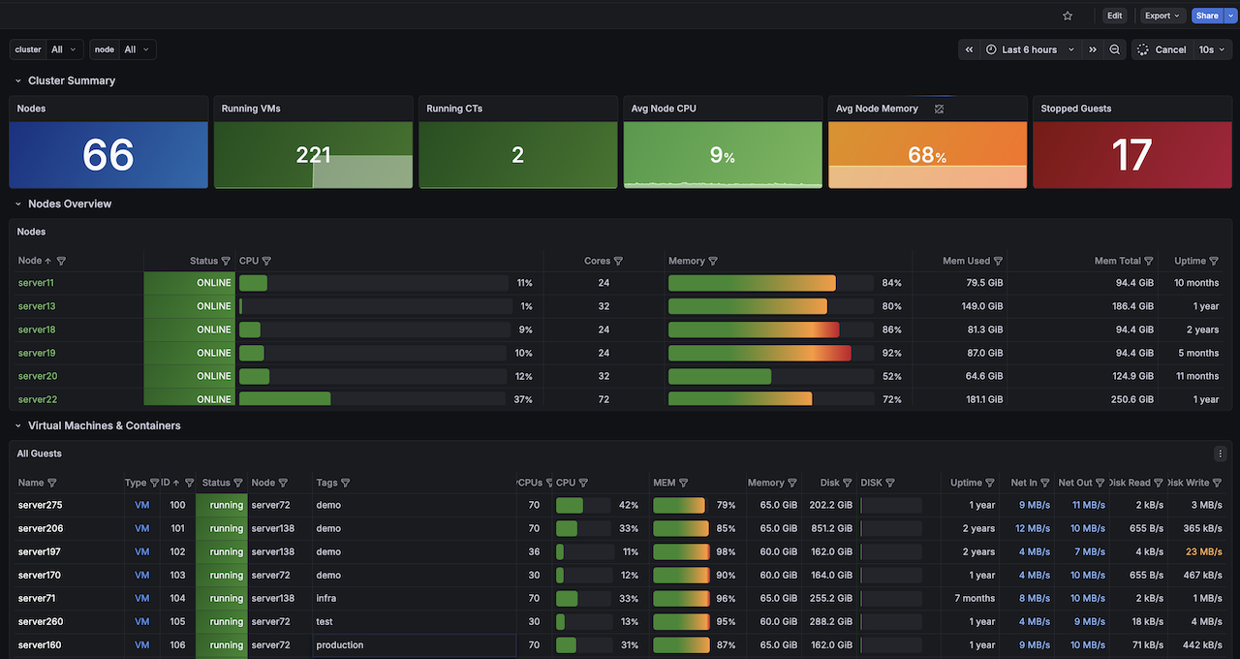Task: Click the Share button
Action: (x=1207, y=16)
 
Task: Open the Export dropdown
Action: (x=1162, y=16)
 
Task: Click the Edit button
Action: (x=1114, y=16)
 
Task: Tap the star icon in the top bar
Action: (x=1068, y=16)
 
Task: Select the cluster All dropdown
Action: (x=64, y=49)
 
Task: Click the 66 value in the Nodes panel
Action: (x=108, y=155)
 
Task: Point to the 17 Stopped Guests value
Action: (x=1131, y=155)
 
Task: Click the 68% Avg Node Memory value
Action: (x=927, y=155)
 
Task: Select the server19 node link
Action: (x=37, y=353)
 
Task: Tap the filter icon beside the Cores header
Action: (x=618, y=261)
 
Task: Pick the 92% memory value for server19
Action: (x=891, y=353)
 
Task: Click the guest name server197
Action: (x=40, y=551)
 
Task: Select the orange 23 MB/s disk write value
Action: (x=1203, y=551)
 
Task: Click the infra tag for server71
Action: (x=326, y=598)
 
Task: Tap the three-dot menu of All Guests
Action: (x=1220, y=454)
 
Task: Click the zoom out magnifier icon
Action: (x=1114, y=49)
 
